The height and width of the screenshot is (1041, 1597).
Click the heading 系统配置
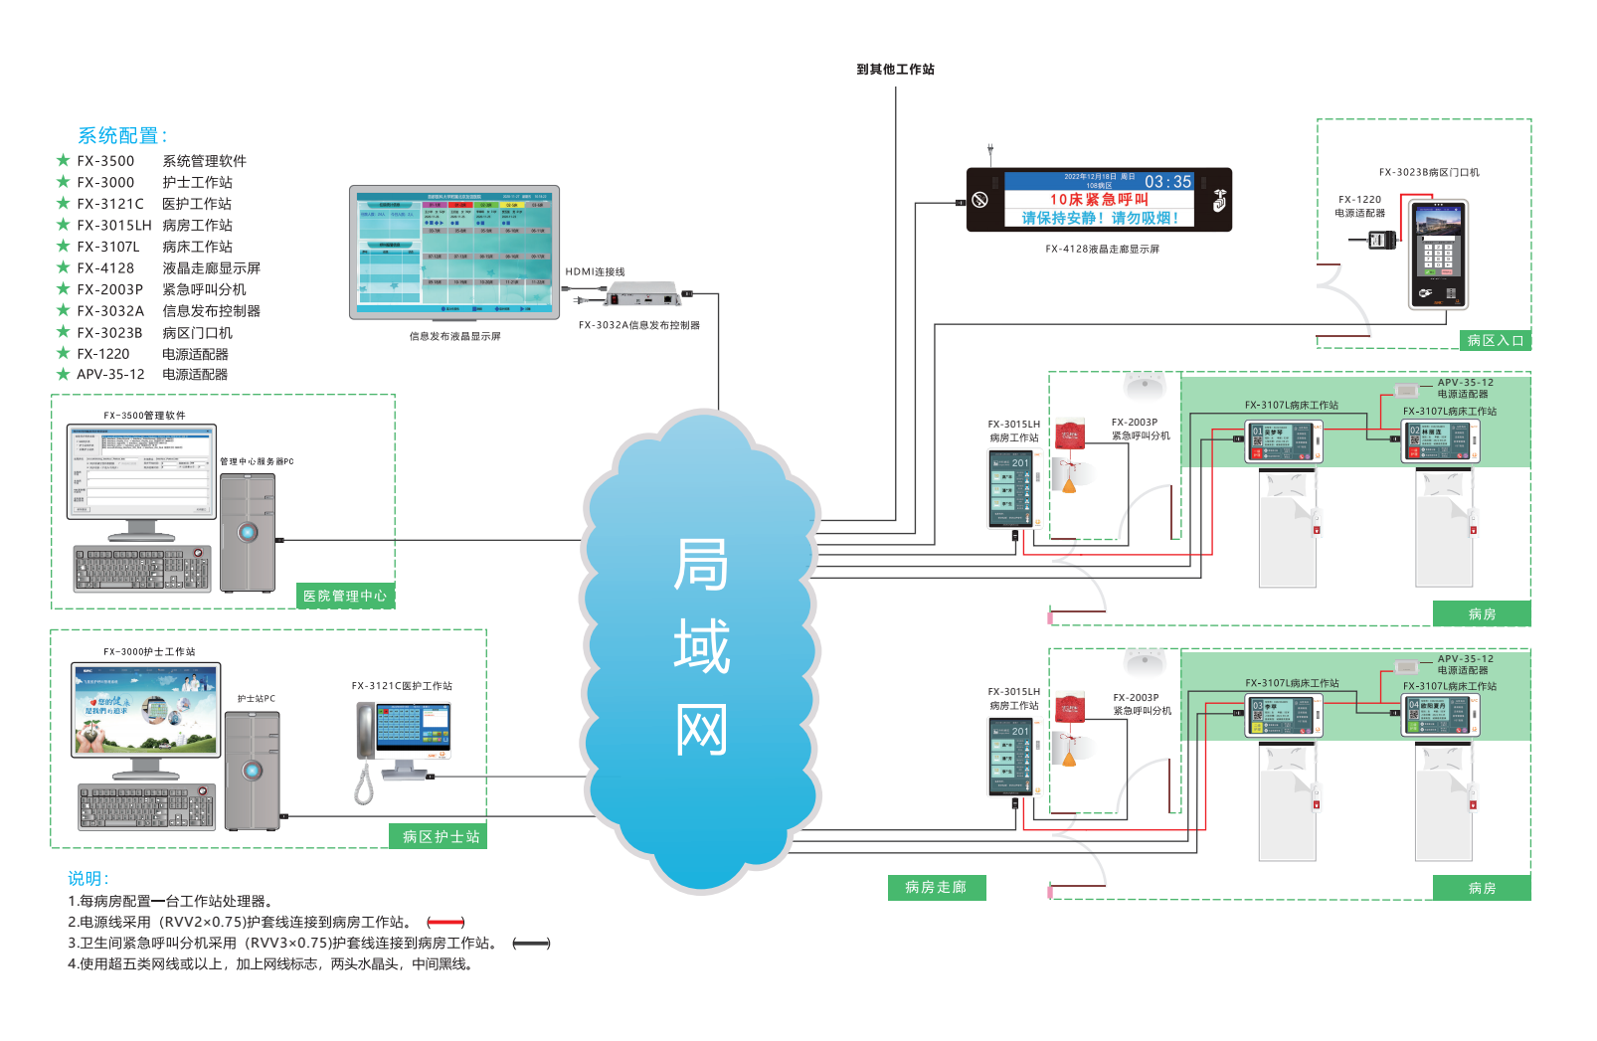pyautogui.click(x=121, y=136)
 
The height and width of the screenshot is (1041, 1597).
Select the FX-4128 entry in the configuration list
pyautogui.click(x=105, y=268)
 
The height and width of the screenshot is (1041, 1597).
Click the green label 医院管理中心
pyautogui.click(x=345, y=596)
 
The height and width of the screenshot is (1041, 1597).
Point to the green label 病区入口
pyautogui.click(x=1496, y=340)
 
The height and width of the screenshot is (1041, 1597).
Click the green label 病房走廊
pyautogui.click(x=936, y=887)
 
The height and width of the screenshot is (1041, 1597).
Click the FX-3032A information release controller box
pyautogui.click(x=643, y=296)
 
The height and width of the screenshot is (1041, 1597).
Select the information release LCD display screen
pyautogui.click(x=454, y=253)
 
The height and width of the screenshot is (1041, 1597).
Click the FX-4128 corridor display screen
pyautogui.click(x=1099, y=200)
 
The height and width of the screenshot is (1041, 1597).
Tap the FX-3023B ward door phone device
pyautogui.click(x=1438, y=254)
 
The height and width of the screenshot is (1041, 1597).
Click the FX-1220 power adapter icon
pyautogui.click(x=1381, y=239)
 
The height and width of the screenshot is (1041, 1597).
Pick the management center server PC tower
pyautogui.click(x=248, y=532)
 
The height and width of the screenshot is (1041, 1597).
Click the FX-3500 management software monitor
pyautogui.click(x=141, y=472)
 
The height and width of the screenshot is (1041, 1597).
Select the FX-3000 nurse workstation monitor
pyautogui.click(x=146, y=710)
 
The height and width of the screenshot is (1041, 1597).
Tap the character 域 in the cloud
pyautogui.click(x=701, y=646)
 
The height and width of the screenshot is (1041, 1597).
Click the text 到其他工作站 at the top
pyautogui.click(x=895, y=70)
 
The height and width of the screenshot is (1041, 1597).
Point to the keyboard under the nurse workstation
pyautogui.click(x=146, y=806)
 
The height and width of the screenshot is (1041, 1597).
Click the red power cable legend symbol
pyautogui.click(x=445, y=923)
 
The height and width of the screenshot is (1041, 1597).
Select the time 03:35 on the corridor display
pyautogui.click(x=1167, y=182)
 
